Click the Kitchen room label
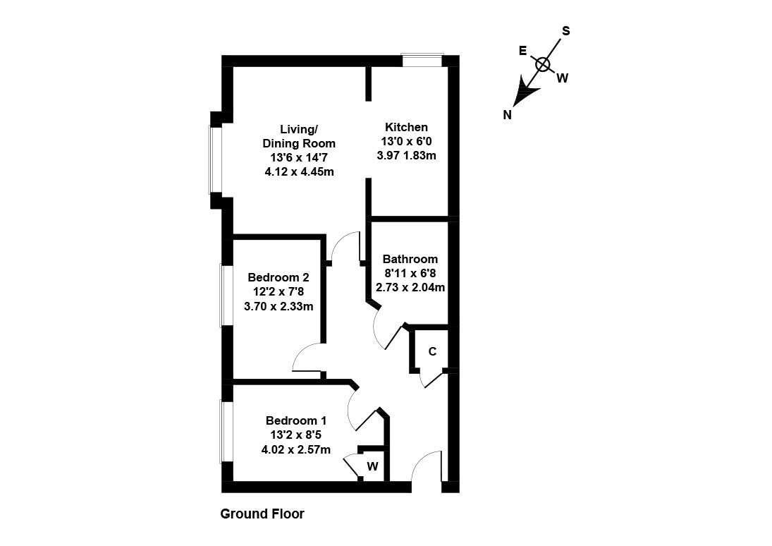tap(406, 128)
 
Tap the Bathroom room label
tap(410, 260)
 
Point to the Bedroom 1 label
tap(296, 421)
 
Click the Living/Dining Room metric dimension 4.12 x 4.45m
tap(298, 171)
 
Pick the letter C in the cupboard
tap(433, 351)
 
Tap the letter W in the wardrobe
tap(373, 466)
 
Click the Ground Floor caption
tap(262, 514)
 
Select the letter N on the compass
tap(507, 116)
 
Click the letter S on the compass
tap(565, 31)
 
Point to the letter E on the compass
tap(522, 51)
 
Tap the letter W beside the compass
tap(562, 78)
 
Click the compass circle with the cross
tap(542, 65)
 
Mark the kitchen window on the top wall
tap(422, 61)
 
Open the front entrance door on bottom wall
tap(427, 469)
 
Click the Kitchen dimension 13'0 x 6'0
tap(406, 142)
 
